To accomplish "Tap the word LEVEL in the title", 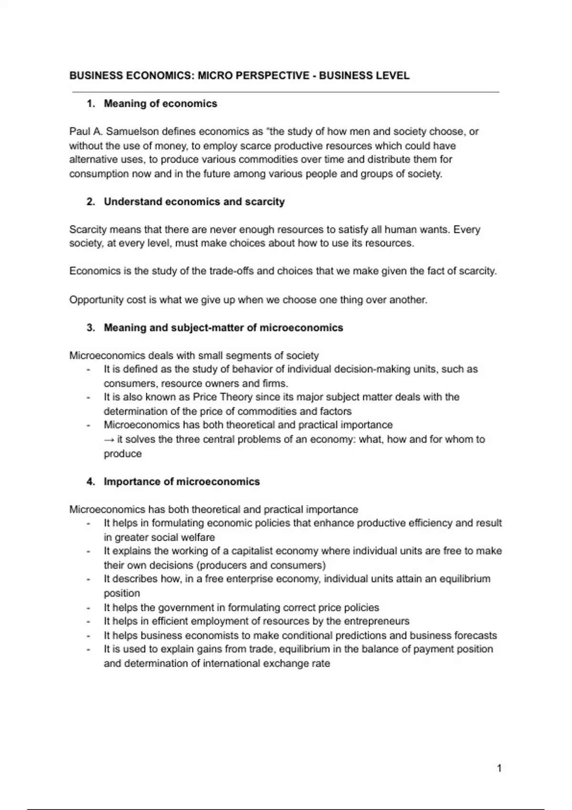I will point(392,76).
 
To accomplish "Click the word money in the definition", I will point(173,146).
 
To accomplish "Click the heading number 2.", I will point(91,202).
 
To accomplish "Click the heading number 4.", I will point(91,482).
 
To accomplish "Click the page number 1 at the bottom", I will point(499,768).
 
